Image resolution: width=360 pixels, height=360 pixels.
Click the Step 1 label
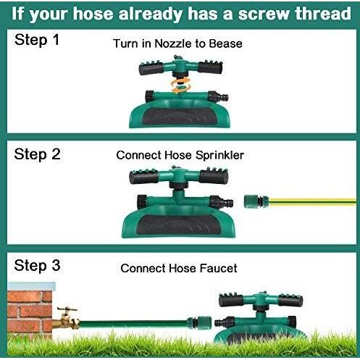click(37, 40)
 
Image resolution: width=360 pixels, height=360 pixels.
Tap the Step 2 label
click(37, 154)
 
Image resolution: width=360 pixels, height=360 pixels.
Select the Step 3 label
click(37, 266)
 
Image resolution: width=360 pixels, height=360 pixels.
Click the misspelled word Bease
click(225, 43)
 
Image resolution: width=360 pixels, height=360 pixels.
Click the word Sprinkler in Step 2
click(219, 156)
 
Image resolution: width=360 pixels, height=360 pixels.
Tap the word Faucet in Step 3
click(219, 268)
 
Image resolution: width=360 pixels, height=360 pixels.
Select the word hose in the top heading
click(93, 14)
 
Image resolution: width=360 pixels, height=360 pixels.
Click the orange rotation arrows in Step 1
click(180, 85)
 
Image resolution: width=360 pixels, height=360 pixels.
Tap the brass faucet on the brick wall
click(66, 319)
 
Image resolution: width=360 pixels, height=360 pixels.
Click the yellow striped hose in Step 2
click(312, 202)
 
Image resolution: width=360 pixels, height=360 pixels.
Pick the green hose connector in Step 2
click(256, 201)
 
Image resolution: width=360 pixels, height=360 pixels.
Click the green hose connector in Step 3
click(199, 323)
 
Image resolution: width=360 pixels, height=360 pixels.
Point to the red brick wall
click(30, 311)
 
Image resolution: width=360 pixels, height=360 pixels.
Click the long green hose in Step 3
click(133, 323)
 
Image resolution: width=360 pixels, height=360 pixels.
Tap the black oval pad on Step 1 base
click(180, 117)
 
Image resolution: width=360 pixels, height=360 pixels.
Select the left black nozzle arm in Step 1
click(151, 68)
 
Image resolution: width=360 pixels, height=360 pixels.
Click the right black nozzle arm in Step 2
click(214, 176)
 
